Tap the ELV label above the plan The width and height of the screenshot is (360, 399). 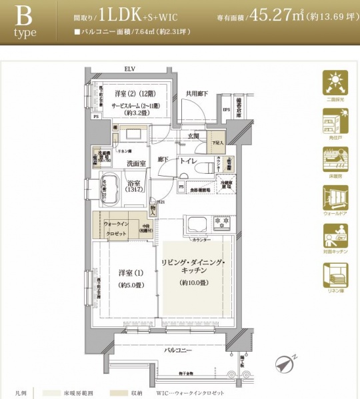coord(129,69)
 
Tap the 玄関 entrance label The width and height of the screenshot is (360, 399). coord(193,136)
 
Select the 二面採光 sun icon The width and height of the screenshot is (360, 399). coord(335,84)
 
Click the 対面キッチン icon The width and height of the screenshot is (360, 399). coord(335,236)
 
